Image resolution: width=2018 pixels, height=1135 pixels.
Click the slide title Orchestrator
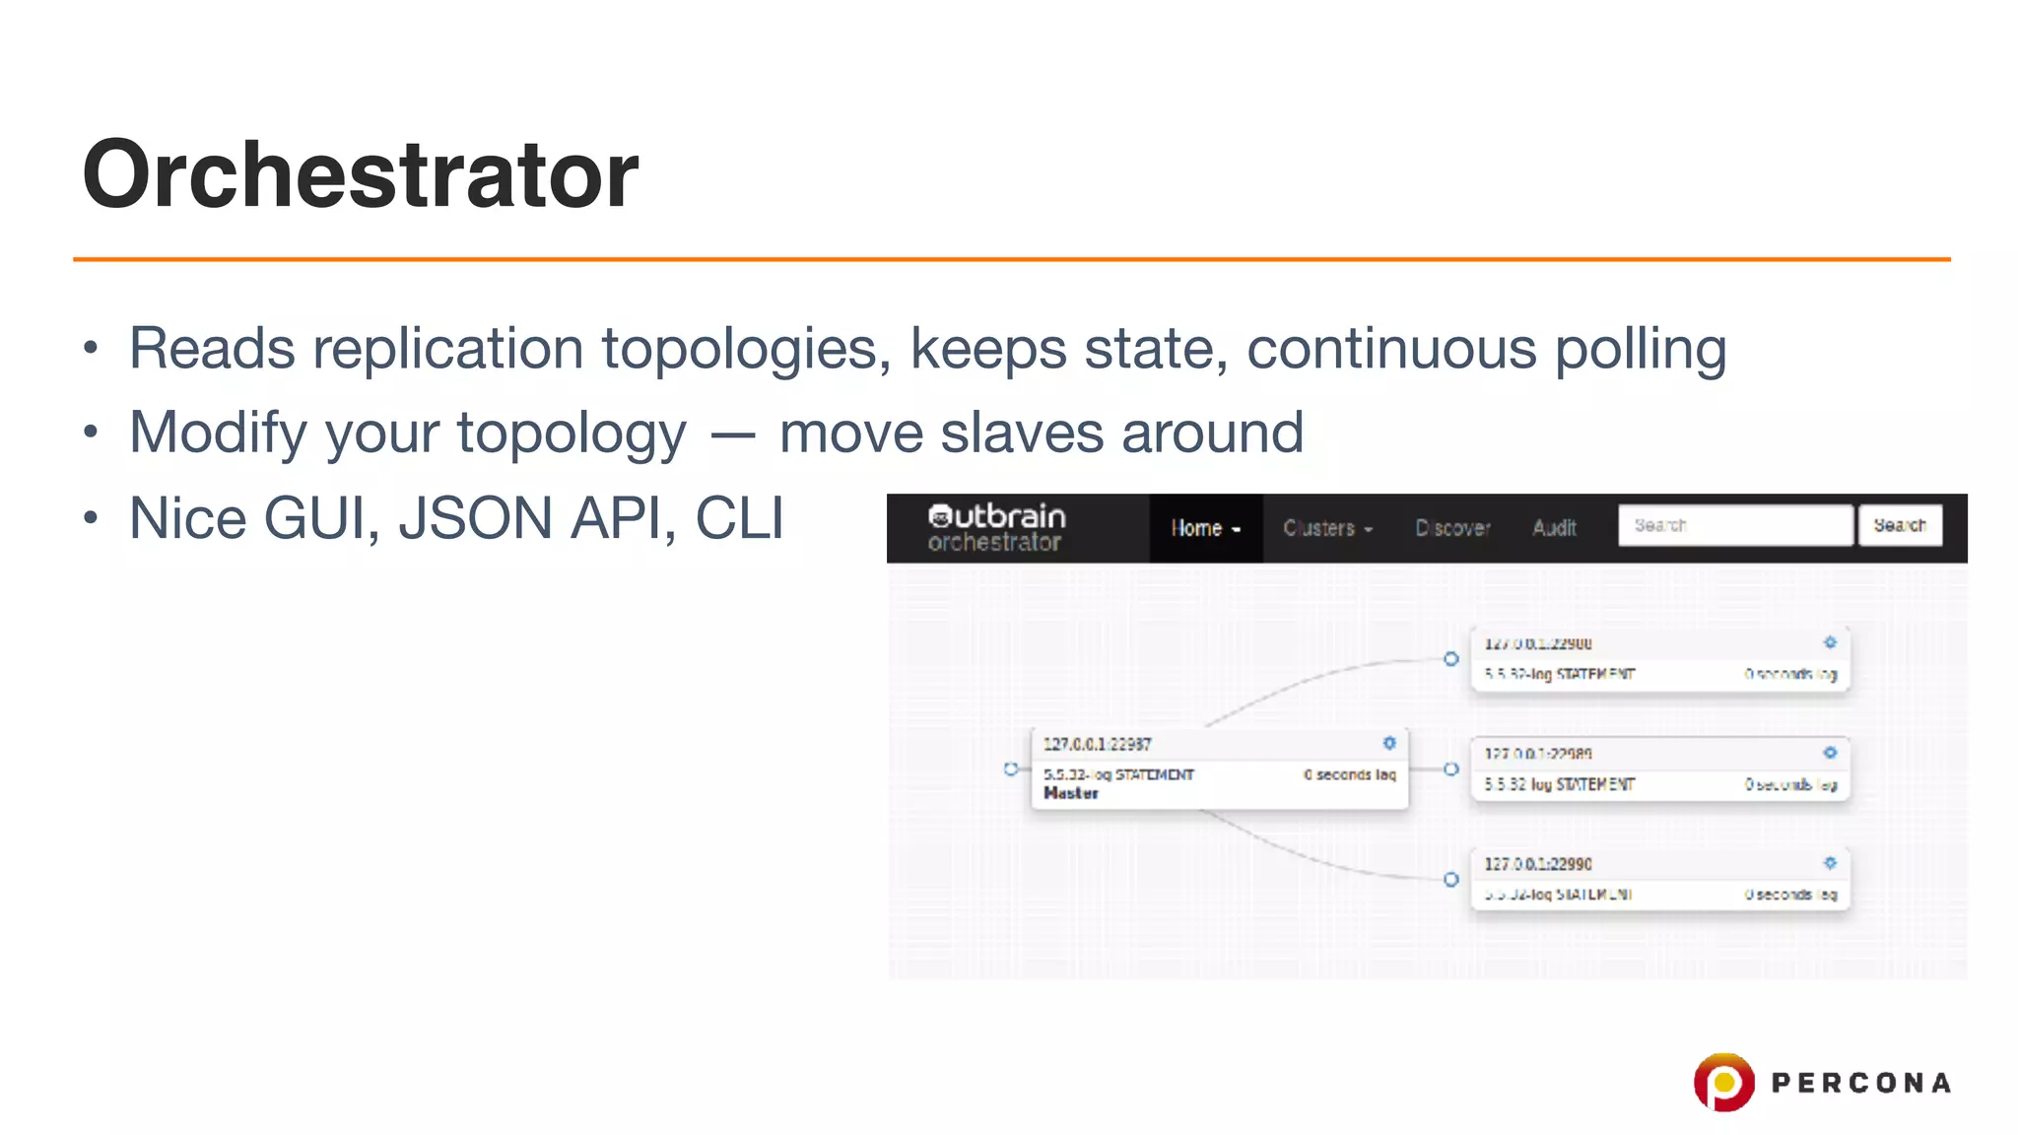(x=361, y=174)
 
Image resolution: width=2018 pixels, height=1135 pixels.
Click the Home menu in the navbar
(x=1205, y=528)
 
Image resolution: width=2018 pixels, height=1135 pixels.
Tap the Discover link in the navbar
(x=1452, y=528)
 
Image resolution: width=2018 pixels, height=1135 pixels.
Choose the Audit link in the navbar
(x=1554, y=528)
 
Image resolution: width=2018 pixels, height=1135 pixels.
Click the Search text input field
(x=1734, y=525)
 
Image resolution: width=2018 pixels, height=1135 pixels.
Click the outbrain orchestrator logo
(x=996, y=528)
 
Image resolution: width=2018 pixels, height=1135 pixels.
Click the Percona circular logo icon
(x=1723, y=1082)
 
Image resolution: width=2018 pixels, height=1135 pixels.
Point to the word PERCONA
(x=1860, y=1083)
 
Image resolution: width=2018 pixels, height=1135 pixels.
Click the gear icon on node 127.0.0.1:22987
(x=1389, y=743)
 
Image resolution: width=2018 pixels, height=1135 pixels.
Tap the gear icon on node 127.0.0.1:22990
(x=1830, y=863)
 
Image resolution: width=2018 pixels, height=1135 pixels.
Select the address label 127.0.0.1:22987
(x=1098, y=744)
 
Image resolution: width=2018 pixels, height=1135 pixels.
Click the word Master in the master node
(x=1071, y=793)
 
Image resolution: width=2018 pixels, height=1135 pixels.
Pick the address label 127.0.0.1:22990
(x=1538, y=864)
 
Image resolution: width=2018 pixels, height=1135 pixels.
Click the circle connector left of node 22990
(x=1451, y=879)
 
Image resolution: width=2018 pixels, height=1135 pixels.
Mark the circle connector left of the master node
(x=1011, y=768)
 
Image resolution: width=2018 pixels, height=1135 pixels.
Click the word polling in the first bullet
(x=1640, y=349)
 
